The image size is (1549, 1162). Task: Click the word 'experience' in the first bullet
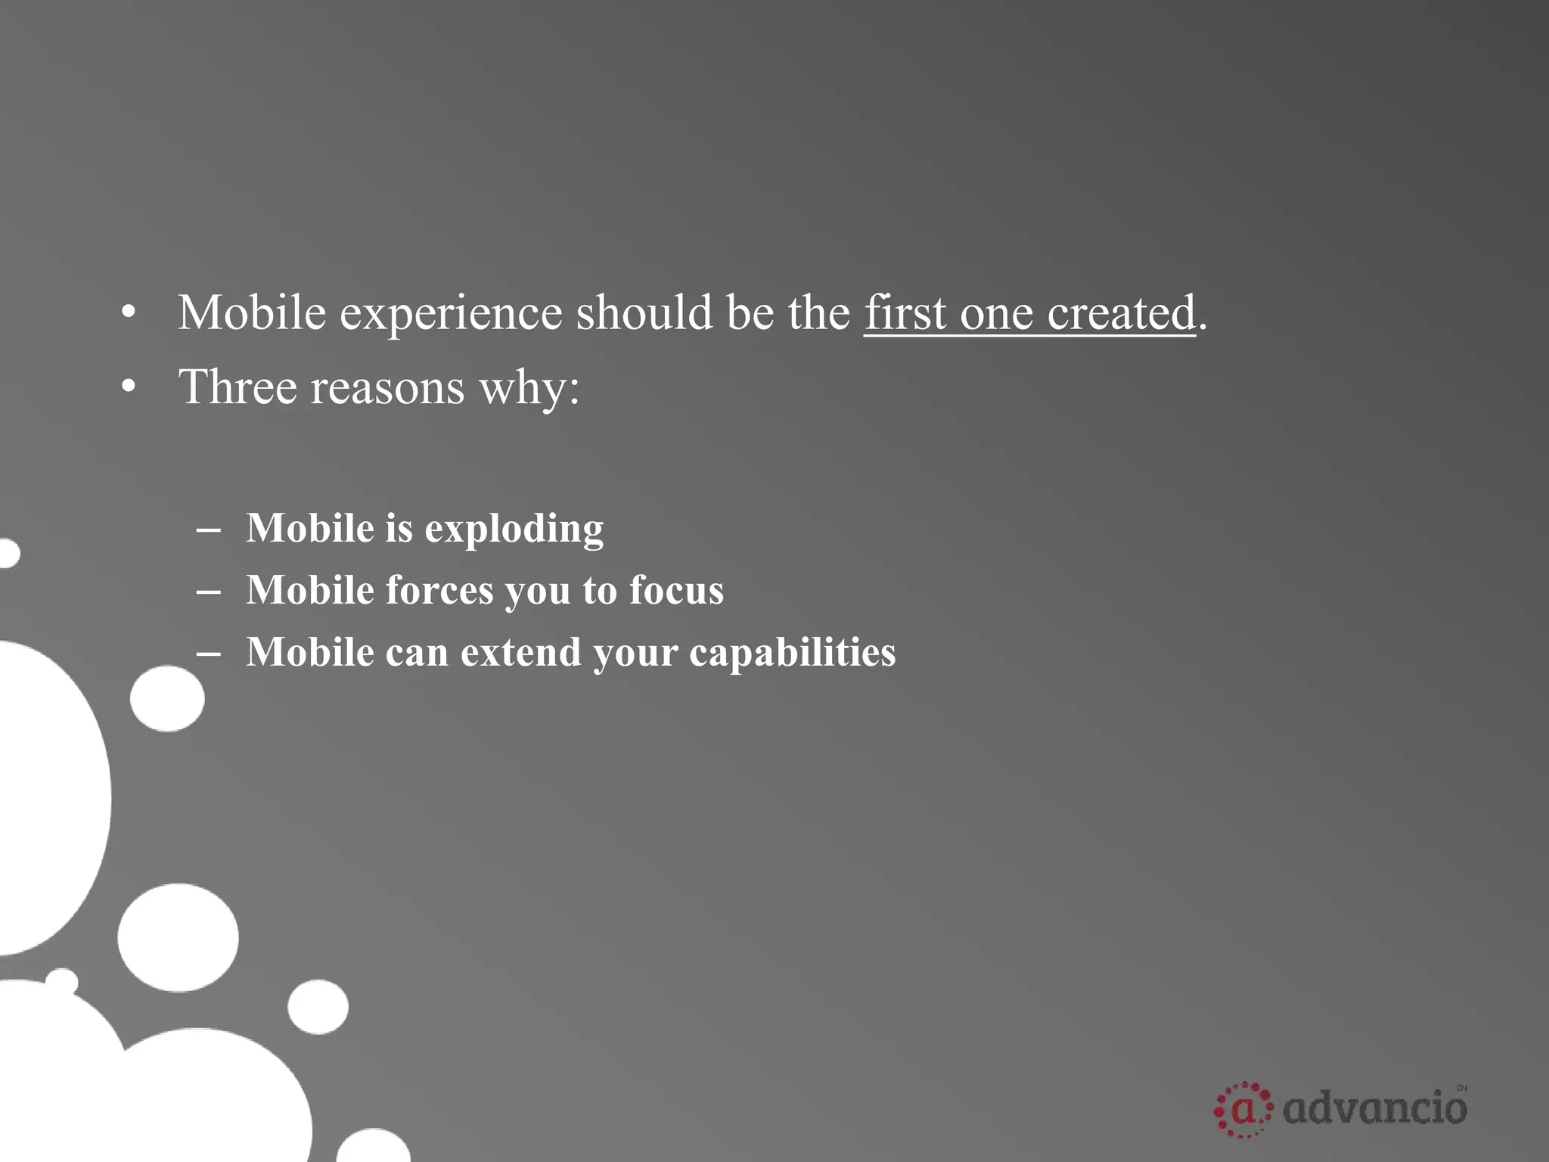pos(451,313)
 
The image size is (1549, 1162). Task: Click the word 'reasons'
pos(387,387)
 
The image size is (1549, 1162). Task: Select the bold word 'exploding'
pos(514,529)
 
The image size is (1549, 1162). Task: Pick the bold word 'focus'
pos(676,590)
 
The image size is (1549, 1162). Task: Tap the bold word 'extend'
pos(520,652)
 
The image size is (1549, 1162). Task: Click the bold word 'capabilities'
pos(792,652)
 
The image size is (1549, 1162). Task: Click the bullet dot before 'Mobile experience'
pos(129,313)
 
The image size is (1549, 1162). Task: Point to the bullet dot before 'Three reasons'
pos(129,387)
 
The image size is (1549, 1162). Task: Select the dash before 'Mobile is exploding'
pos(208,529)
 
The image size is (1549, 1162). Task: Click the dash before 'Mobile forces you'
pos(208,591)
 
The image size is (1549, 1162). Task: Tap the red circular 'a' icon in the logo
pos(1243,1110)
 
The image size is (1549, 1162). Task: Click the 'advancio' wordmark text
pos(1375,1110)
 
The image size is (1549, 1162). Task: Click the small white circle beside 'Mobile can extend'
pos(167,698)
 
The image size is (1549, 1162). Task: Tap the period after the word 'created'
pos(1203,328)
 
